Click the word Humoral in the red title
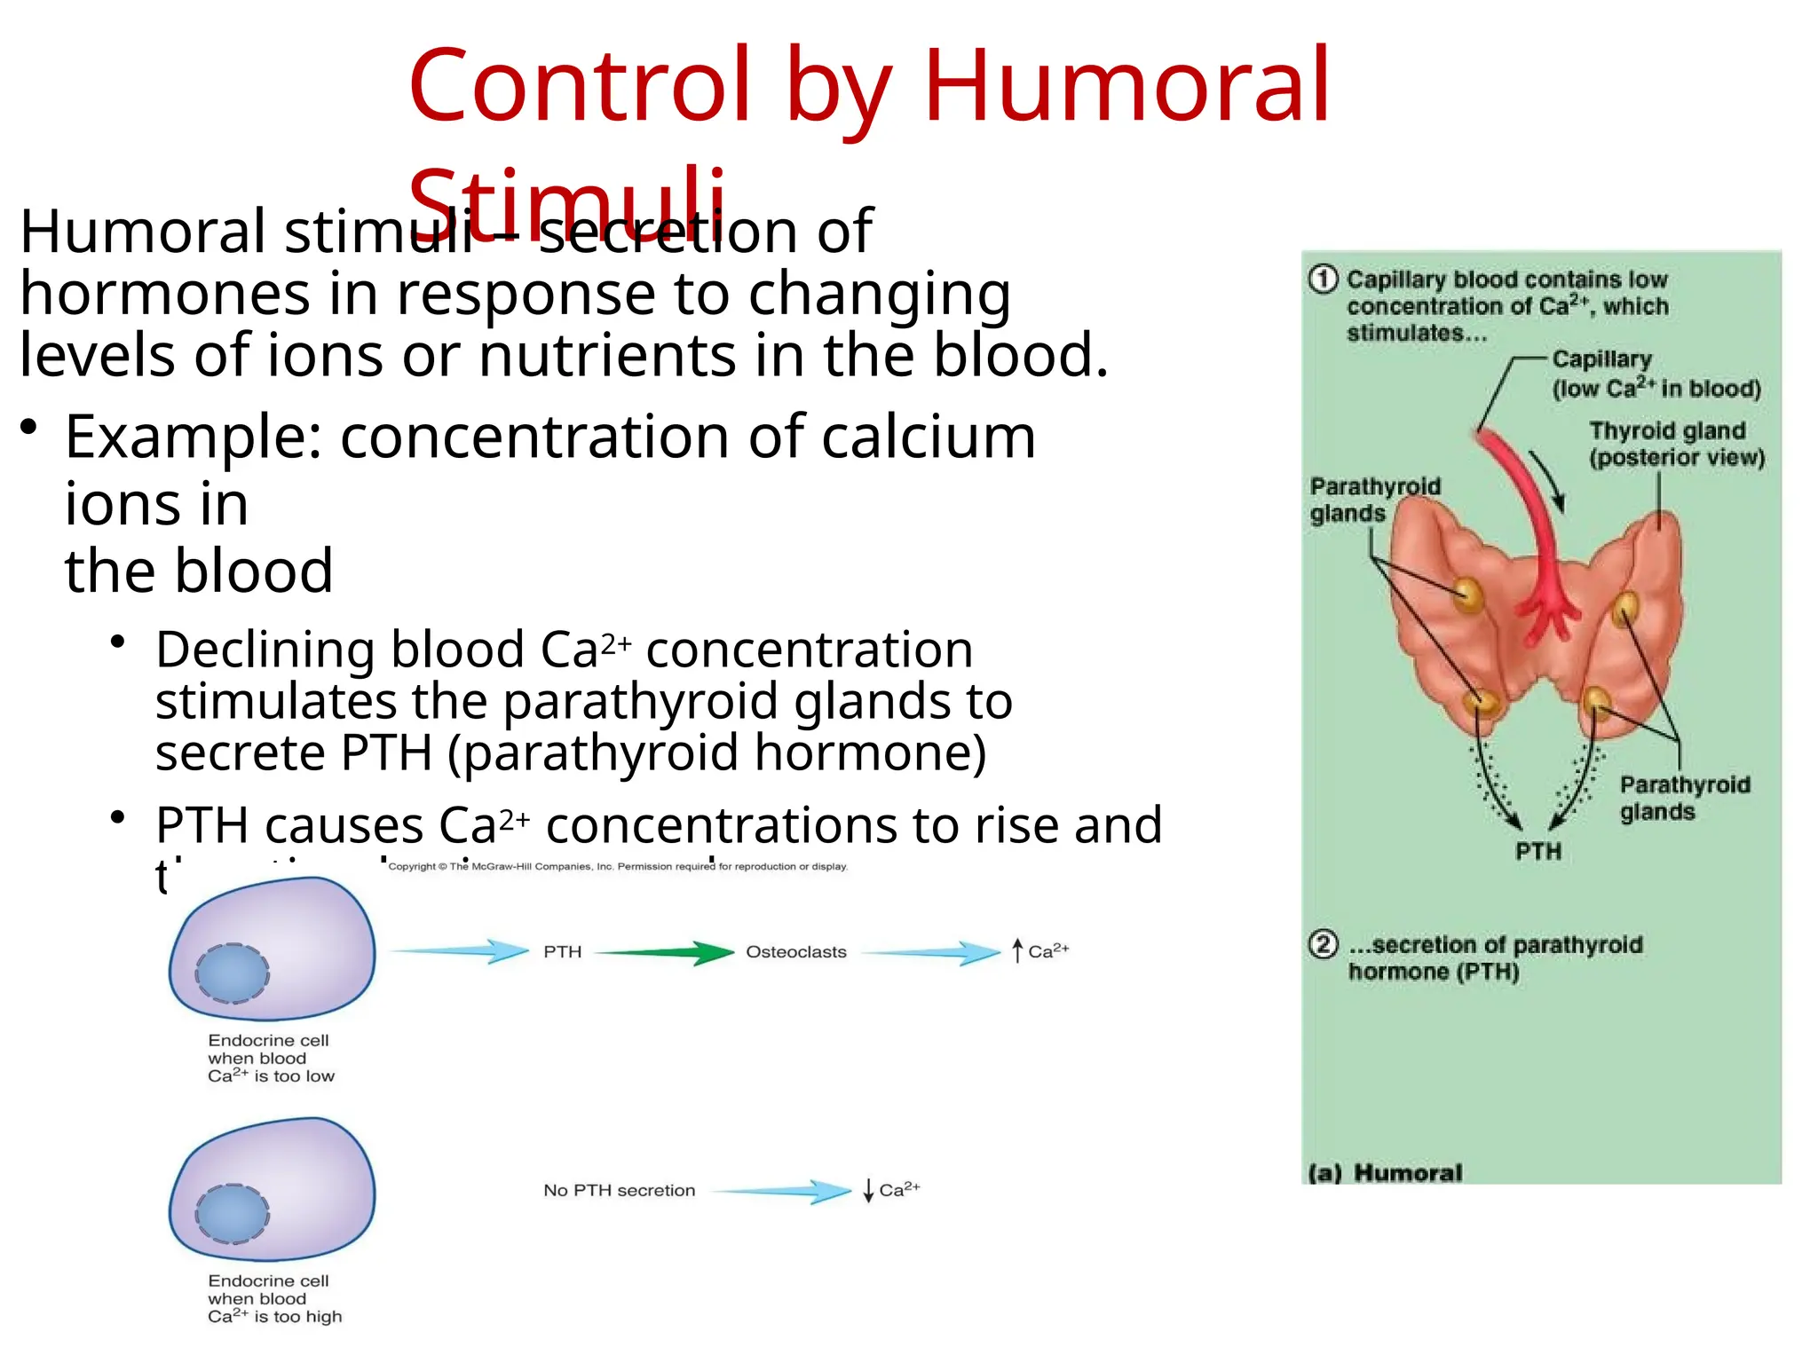[1127, 86]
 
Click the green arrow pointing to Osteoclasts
[666, 953]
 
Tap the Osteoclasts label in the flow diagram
[795, 952]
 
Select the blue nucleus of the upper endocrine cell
[233, 973]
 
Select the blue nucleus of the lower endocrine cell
[233, 1214]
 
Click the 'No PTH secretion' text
[619, 1191]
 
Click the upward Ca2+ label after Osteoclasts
[1042, 951]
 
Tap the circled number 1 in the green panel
[1323, 280]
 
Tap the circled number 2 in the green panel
[1323, 944]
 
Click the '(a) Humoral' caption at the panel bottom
[1385, 1173]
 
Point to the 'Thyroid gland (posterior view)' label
[1676, 444]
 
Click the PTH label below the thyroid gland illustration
[1538, 852]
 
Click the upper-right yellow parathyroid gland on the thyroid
[1626, 609]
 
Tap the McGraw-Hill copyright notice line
[618, 867]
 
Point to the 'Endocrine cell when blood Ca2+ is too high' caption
[273, 1299]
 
